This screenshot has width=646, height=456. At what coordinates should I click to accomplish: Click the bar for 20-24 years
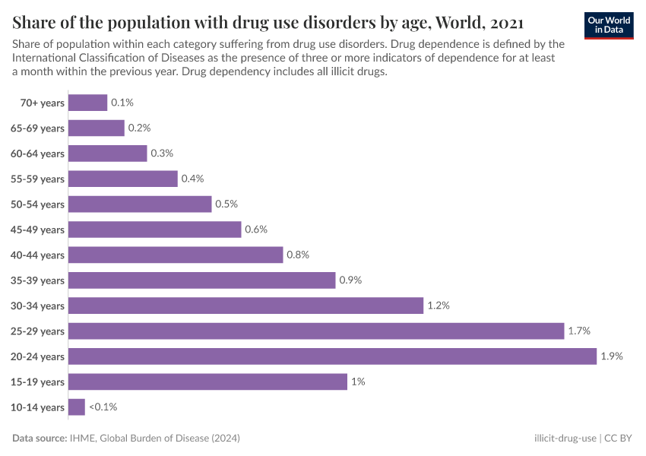pyautogui.click(x=332, y=356)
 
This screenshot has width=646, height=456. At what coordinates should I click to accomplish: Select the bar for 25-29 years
pyautogui.click(x=316, y=331)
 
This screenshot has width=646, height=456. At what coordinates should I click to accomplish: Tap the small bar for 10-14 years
pyautogui.click(x=77, y=407)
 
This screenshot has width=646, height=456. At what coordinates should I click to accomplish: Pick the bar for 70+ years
pyautogui.click(x=87, y=103)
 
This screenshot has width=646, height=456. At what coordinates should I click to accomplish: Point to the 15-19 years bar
pyautogui.click(x=207, y=382)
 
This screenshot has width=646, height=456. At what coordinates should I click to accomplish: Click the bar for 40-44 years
pyautogui.click(x=176, y=255)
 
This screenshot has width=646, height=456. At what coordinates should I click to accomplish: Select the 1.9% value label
pyautogui.click(x=611, y=356)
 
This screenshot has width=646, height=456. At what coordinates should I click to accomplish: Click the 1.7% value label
pyautogui.click(x=579, y=331)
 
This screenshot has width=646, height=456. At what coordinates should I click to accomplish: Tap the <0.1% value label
pyautogui.click(x=103, y=407)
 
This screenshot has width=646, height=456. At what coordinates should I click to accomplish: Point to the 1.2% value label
pyautogui.click(x=439, y=306)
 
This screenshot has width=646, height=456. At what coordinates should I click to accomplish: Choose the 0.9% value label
pyautogui.click(x=350, y=280)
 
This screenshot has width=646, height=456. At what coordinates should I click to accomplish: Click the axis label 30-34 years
pyautogui.click(x=37, y=306)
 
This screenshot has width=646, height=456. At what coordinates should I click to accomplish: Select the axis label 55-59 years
pyautogui.click(x=37, y=179)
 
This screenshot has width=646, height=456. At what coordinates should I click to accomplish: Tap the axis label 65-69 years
pyautogui.click(x=37, y=128)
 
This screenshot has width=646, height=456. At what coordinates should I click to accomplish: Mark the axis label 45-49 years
pyautogui.click(x=37, y=230)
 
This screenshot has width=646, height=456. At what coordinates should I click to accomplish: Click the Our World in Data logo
pyautogui.click(x=610, y=25)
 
